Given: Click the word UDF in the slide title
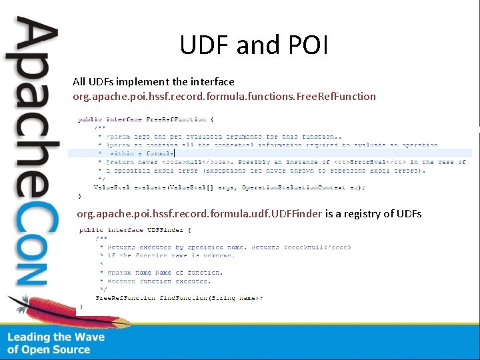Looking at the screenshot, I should [203, 44].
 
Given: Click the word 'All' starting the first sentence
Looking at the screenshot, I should [79, 81].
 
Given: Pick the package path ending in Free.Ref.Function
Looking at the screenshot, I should [224, 96].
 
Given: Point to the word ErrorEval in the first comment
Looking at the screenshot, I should [388, 162].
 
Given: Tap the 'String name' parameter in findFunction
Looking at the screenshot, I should [235, 297].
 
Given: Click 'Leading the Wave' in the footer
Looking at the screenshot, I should [56, 337].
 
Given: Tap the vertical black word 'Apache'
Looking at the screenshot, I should [31, 100].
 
